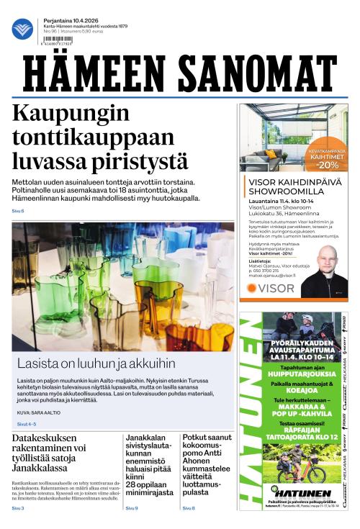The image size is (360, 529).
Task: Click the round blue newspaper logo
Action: [22, 29]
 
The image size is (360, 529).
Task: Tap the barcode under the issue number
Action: [62, 40]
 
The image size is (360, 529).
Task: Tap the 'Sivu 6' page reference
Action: [18, 211]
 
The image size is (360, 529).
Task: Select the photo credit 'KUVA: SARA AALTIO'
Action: [39, 412]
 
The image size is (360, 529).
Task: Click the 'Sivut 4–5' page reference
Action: [26, 425]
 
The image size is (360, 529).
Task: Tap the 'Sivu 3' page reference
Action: [18, 508]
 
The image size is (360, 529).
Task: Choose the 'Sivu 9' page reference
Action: [132, 508]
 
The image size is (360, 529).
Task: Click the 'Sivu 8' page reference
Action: [189, 508]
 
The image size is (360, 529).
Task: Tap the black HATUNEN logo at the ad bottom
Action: [299, 472]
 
